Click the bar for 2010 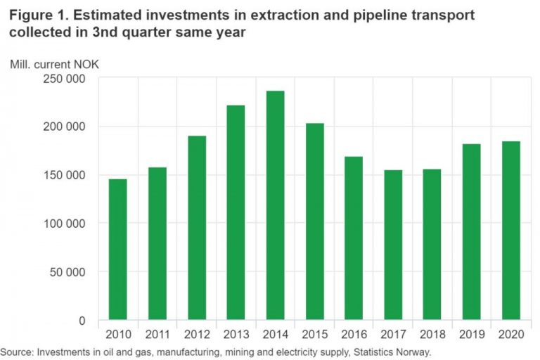(118, 250)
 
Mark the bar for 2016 (354, 238)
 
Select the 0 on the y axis (93, 321)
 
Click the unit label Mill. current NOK (54, 64)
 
